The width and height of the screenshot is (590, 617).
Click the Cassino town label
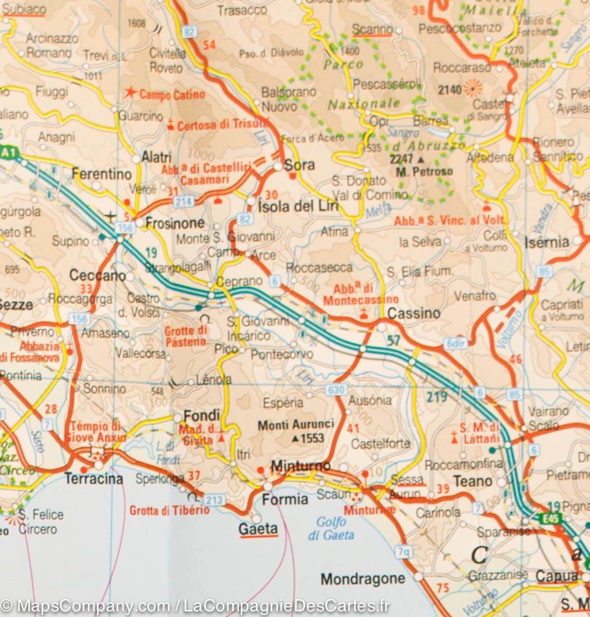414,313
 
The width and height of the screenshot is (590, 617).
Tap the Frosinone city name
175,223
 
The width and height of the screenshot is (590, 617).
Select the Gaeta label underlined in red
258,529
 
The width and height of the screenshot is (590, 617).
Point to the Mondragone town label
363,579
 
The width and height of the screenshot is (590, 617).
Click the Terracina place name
94,479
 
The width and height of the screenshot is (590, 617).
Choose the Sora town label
299,166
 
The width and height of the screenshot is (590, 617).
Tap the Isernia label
547,242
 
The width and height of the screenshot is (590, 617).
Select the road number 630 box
336,390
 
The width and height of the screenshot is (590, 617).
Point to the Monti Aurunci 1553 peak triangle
295,439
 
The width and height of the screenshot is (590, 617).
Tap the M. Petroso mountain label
424,171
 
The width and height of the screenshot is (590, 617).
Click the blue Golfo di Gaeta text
331,529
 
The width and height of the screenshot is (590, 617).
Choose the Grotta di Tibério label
169,510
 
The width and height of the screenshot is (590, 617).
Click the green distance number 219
436,396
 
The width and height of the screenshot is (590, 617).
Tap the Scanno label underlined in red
373,30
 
